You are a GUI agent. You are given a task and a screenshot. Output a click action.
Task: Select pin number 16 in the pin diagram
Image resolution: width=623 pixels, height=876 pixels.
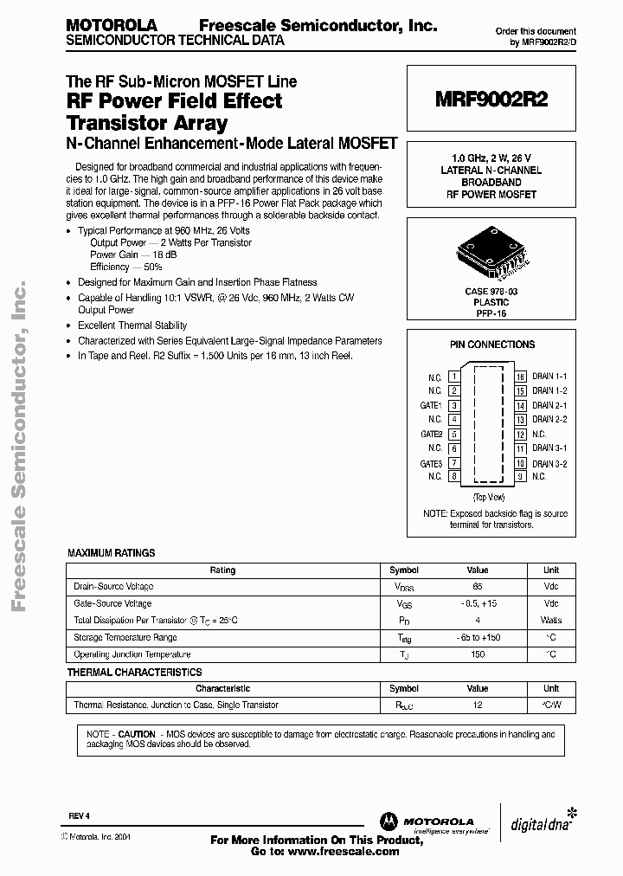(x=520, y=377)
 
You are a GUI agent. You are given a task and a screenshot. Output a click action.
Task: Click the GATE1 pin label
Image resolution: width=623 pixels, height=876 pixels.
(x=432, y=405)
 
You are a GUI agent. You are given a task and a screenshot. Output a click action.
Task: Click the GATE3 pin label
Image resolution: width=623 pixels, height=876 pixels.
(x=432, y=463)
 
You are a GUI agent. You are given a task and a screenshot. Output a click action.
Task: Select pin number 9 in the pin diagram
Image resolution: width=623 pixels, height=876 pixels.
(x=520, y=476)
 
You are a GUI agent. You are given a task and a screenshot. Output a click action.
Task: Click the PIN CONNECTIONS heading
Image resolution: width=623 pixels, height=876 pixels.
(x=491, y=345)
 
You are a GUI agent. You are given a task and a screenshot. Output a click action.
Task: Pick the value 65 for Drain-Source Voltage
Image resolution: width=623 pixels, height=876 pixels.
(x=478, y=587)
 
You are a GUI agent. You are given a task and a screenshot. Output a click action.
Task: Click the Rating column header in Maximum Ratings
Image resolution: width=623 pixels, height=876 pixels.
(x=222, y=570)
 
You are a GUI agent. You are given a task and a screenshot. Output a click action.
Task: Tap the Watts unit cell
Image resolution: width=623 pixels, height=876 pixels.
(x=550, y=621)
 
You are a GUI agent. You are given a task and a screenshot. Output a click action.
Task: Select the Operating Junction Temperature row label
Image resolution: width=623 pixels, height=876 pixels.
(x=132, y=654)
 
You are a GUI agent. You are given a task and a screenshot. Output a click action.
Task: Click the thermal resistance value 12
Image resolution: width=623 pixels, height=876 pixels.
(x=478, y=705)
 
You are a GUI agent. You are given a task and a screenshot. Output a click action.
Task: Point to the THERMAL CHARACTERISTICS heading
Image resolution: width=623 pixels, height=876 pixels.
(x=135, y=672)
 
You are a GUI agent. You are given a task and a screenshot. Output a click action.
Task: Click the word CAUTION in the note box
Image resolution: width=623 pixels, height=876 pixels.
(x=137, y=733)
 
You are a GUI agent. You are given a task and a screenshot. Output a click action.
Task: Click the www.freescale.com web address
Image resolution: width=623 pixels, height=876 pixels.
(x=344, y=852)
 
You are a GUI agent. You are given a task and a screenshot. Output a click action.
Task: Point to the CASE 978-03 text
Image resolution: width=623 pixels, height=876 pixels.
(x=491, y=293)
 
